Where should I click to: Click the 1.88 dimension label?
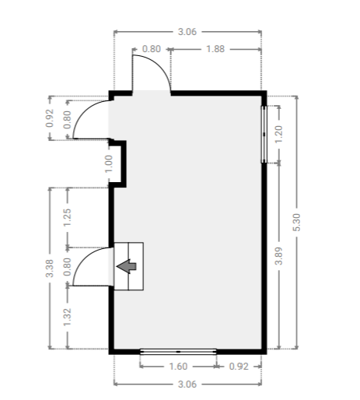click(215, 49)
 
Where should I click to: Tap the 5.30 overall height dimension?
click(296, 223)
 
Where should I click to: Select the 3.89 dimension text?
click(278, 256)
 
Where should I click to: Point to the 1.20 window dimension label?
click(278, 134)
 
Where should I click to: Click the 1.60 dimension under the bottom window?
click(178, 367)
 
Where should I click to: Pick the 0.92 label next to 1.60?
click(239, 367)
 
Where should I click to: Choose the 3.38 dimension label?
click(50, 268)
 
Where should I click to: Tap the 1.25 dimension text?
click(67, 217)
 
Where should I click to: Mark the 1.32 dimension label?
click(67, 318)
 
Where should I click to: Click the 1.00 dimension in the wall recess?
click(109, 163)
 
